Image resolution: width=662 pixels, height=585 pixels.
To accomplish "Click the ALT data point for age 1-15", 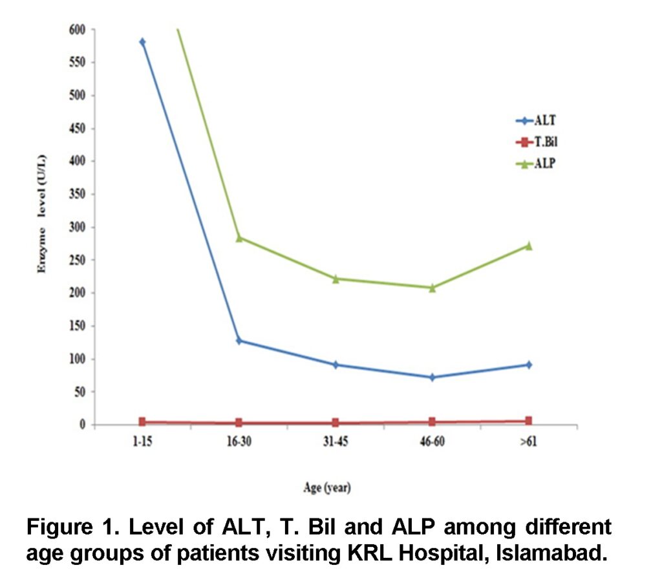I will [x=142, y=42].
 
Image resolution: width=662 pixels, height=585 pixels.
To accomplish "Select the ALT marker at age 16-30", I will [x=239, y=341].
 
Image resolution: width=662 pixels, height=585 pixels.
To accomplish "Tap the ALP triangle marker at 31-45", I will [x=336, y=279].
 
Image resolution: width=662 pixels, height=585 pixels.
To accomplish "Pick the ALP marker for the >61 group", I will [x=529, y=246].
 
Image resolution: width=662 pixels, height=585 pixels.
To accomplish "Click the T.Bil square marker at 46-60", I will [x=432, y=422].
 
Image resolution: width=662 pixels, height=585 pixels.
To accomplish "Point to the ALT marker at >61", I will [x=529, y=365].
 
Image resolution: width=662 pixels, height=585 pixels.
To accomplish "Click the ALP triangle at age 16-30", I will [x=239, y=238].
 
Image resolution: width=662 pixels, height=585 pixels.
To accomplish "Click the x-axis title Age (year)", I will [x=327, y=488].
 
